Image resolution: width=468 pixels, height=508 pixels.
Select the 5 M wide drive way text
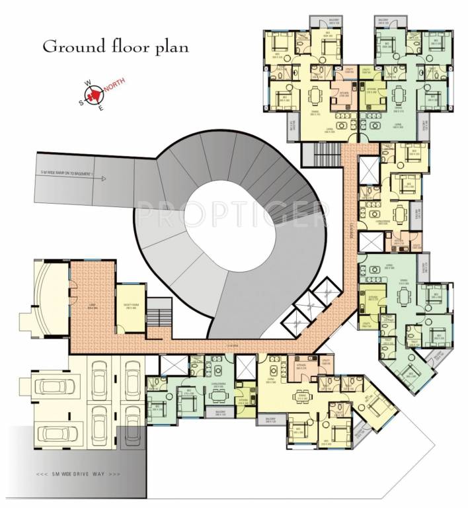click(x=78, y=474)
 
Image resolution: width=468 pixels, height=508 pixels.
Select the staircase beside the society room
click(x=157, y=311)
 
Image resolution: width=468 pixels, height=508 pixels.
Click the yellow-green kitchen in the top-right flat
click(x=371, y=91)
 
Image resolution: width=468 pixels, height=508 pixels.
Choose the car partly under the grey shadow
click(x=53, y=434)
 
